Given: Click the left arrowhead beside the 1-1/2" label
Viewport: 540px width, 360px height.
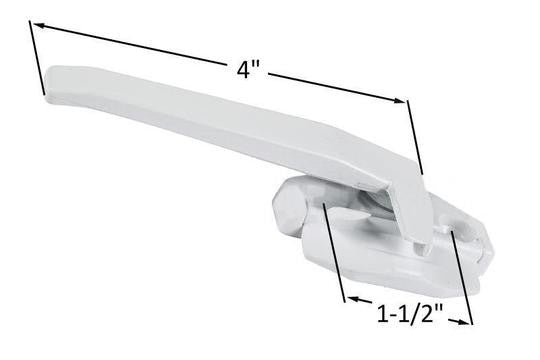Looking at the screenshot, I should [x=349, y=298].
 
